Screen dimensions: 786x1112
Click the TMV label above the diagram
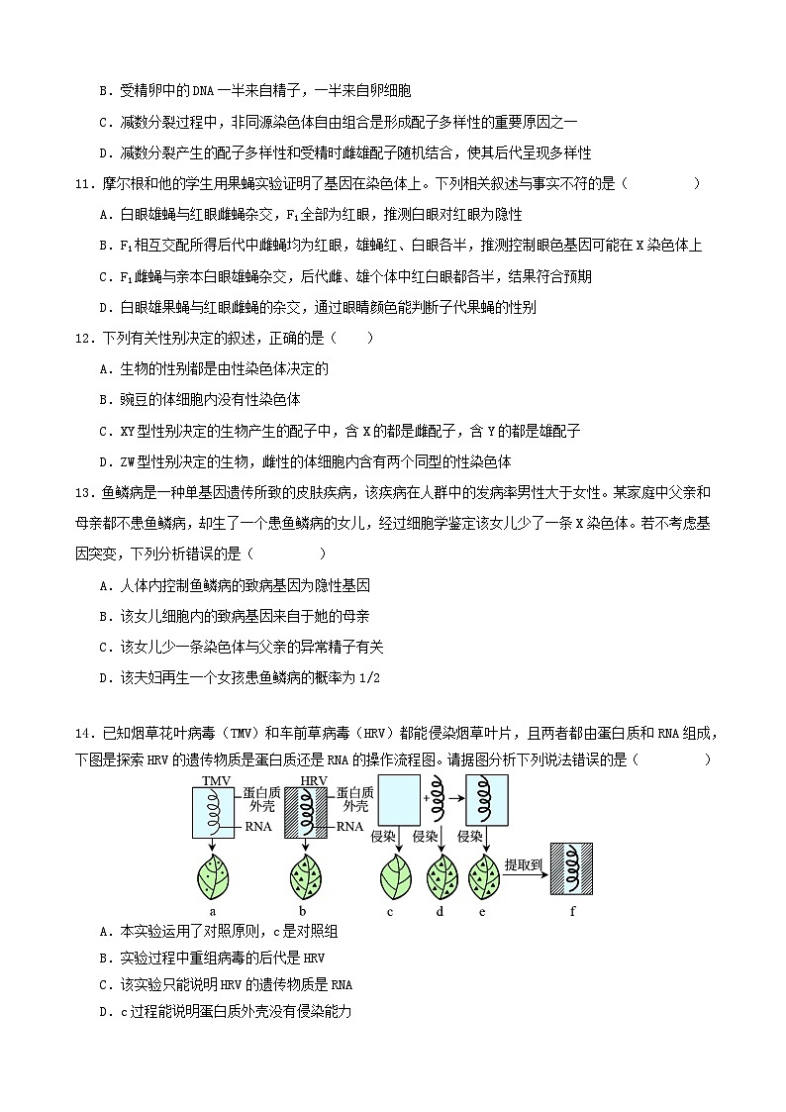[215, 781]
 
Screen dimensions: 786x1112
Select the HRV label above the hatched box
[313, 781]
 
